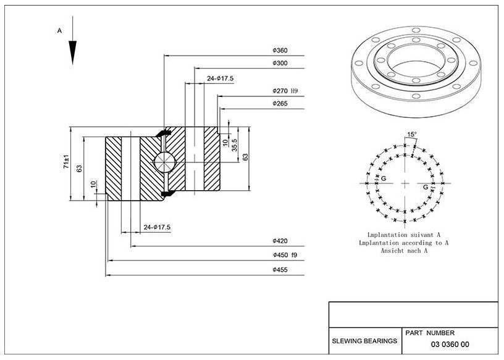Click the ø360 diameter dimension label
click(280, 51)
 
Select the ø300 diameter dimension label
click(280, 64)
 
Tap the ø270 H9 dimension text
click(285, 91)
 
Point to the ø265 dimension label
click(280, 104)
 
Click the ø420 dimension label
click(280, 241)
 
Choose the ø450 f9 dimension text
click(285, 255)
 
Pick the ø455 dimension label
click(280, 270)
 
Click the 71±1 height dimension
click(66, 162)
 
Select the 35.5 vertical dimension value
click(234, 145)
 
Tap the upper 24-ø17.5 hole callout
click(220, 78)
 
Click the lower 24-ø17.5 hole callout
click(157, 227)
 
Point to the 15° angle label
click(412, 135)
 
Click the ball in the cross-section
click(164, 162)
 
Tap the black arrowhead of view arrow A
click(73, 52)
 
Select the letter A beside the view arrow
click(59, 31)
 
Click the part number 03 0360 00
click(450, 345)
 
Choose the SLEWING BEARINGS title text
click(364, 341)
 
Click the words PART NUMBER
click(430, 333)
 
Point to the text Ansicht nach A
click(405, 251)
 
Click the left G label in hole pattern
click(383, 178)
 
